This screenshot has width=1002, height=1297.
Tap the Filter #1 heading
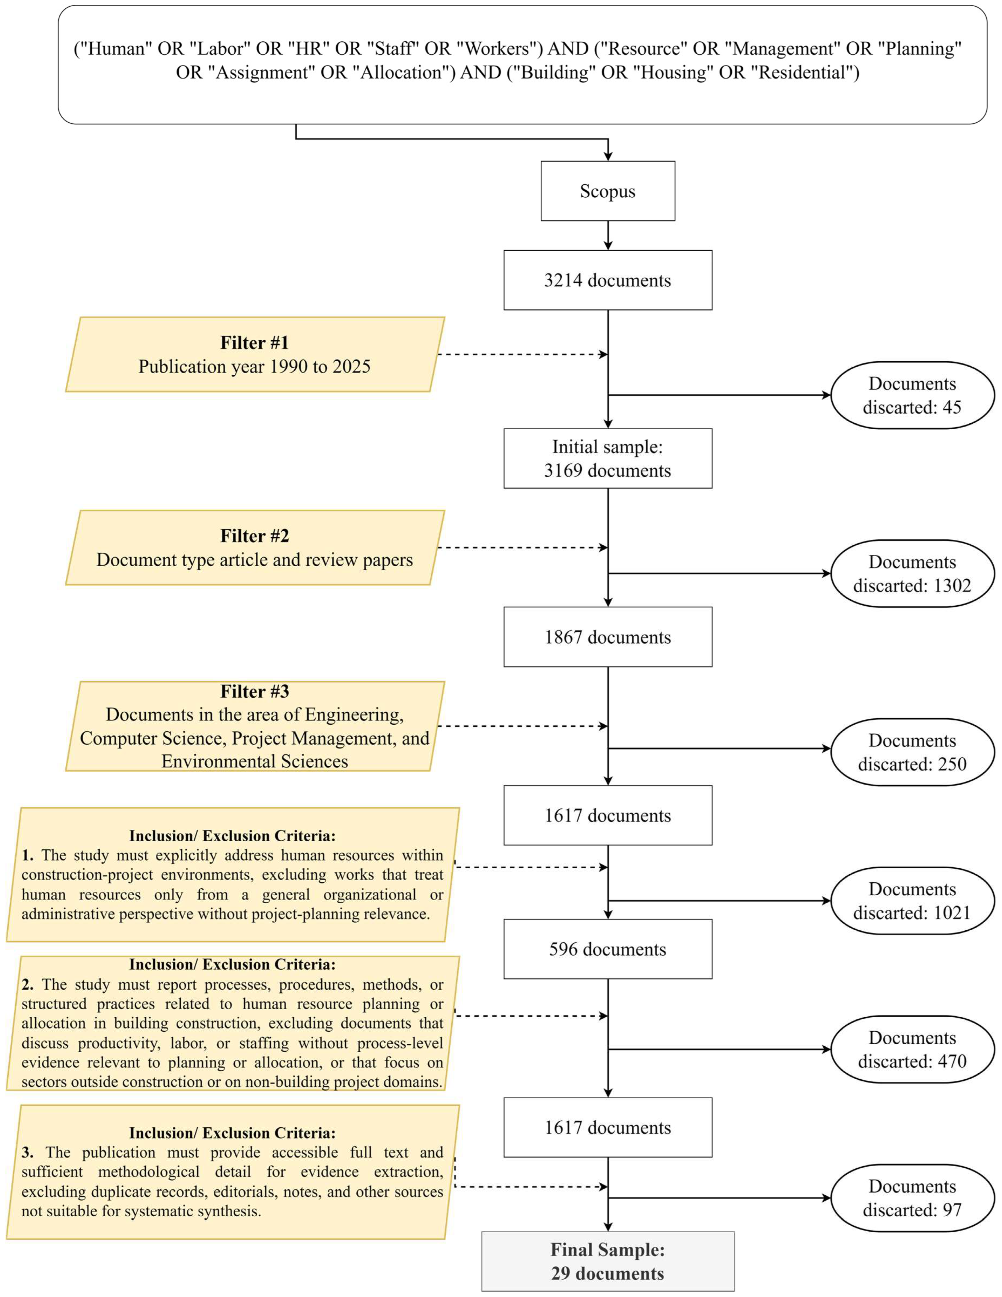tap(255, 343)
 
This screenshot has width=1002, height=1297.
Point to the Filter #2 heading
tap(255, 536)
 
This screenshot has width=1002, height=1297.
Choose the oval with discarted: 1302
tap(912, 574)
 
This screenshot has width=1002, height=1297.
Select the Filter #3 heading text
tap(255, 691)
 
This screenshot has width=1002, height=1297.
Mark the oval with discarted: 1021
tap(912, 901)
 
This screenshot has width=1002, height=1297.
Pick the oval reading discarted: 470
tap(912, 1049)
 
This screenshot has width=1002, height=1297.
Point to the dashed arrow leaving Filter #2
tap(522, 547)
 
